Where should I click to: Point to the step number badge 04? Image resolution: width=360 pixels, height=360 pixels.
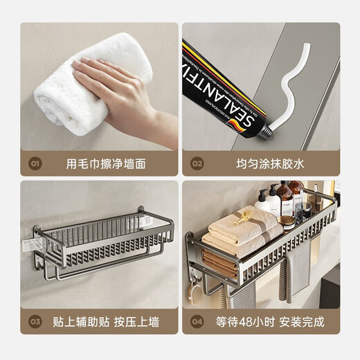pos(197,322)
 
